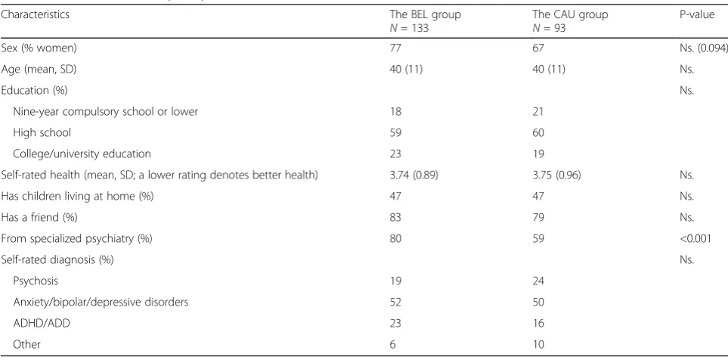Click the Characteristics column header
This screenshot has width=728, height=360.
tap(35, 14)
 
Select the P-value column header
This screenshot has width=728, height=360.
tap(697, 14)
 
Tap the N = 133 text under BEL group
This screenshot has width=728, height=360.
tap(409, 27)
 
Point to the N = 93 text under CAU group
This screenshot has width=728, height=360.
tap(549, 27)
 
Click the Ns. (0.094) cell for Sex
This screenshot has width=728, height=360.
tap(703, 48)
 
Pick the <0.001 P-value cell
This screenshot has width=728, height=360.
tap(695, 239)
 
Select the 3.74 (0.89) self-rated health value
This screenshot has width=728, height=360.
tap(414, 175)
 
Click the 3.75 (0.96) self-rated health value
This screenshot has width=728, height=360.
tap(557, 175)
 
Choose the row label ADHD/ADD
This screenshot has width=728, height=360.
tap(42, 323)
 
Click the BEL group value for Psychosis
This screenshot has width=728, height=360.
tap(395, 281)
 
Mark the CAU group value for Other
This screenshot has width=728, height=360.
tap(538, 345)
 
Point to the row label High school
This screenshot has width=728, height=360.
tap(42, 133)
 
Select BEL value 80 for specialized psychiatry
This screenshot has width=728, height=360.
tap(395, 239)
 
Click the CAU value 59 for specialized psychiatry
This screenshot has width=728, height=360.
tap(538, 239)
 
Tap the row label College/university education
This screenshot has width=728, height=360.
tap(82, 154)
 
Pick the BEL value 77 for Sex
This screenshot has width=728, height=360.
tap(395, 48)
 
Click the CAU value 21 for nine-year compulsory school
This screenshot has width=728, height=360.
tap(538, 111)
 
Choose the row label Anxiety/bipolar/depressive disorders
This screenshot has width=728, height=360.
tap(101, 303)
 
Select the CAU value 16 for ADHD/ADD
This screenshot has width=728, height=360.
tap(538, 323)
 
